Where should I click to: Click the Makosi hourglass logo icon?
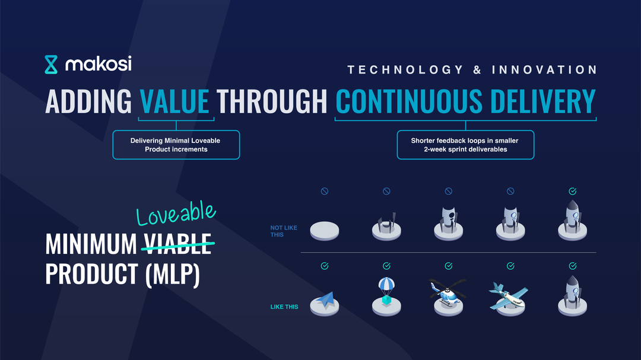click(x=51, y=65)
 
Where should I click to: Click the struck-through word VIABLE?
click(x=177, y=244)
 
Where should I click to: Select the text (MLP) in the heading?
click(x=173, y=274)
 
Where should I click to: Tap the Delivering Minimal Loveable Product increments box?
click(x=176, y=145)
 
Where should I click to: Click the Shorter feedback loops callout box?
click(x=465, y=145)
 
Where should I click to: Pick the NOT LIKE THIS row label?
click(x=284, y=231)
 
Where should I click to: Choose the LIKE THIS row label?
click(x=284, y=307)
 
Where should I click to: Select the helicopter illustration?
click(x=448, y=292)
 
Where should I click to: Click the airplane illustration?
click(x=509, y=297)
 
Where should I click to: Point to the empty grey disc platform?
click(x=325, y=231)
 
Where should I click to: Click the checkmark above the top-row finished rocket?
click(x=573, y=191)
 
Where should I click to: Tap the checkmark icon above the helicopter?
click(x=449, y=266)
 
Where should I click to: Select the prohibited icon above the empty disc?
click(x=325, y=191)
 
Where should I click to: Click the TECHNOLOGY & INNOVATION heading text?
click(x=472, y=70)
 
